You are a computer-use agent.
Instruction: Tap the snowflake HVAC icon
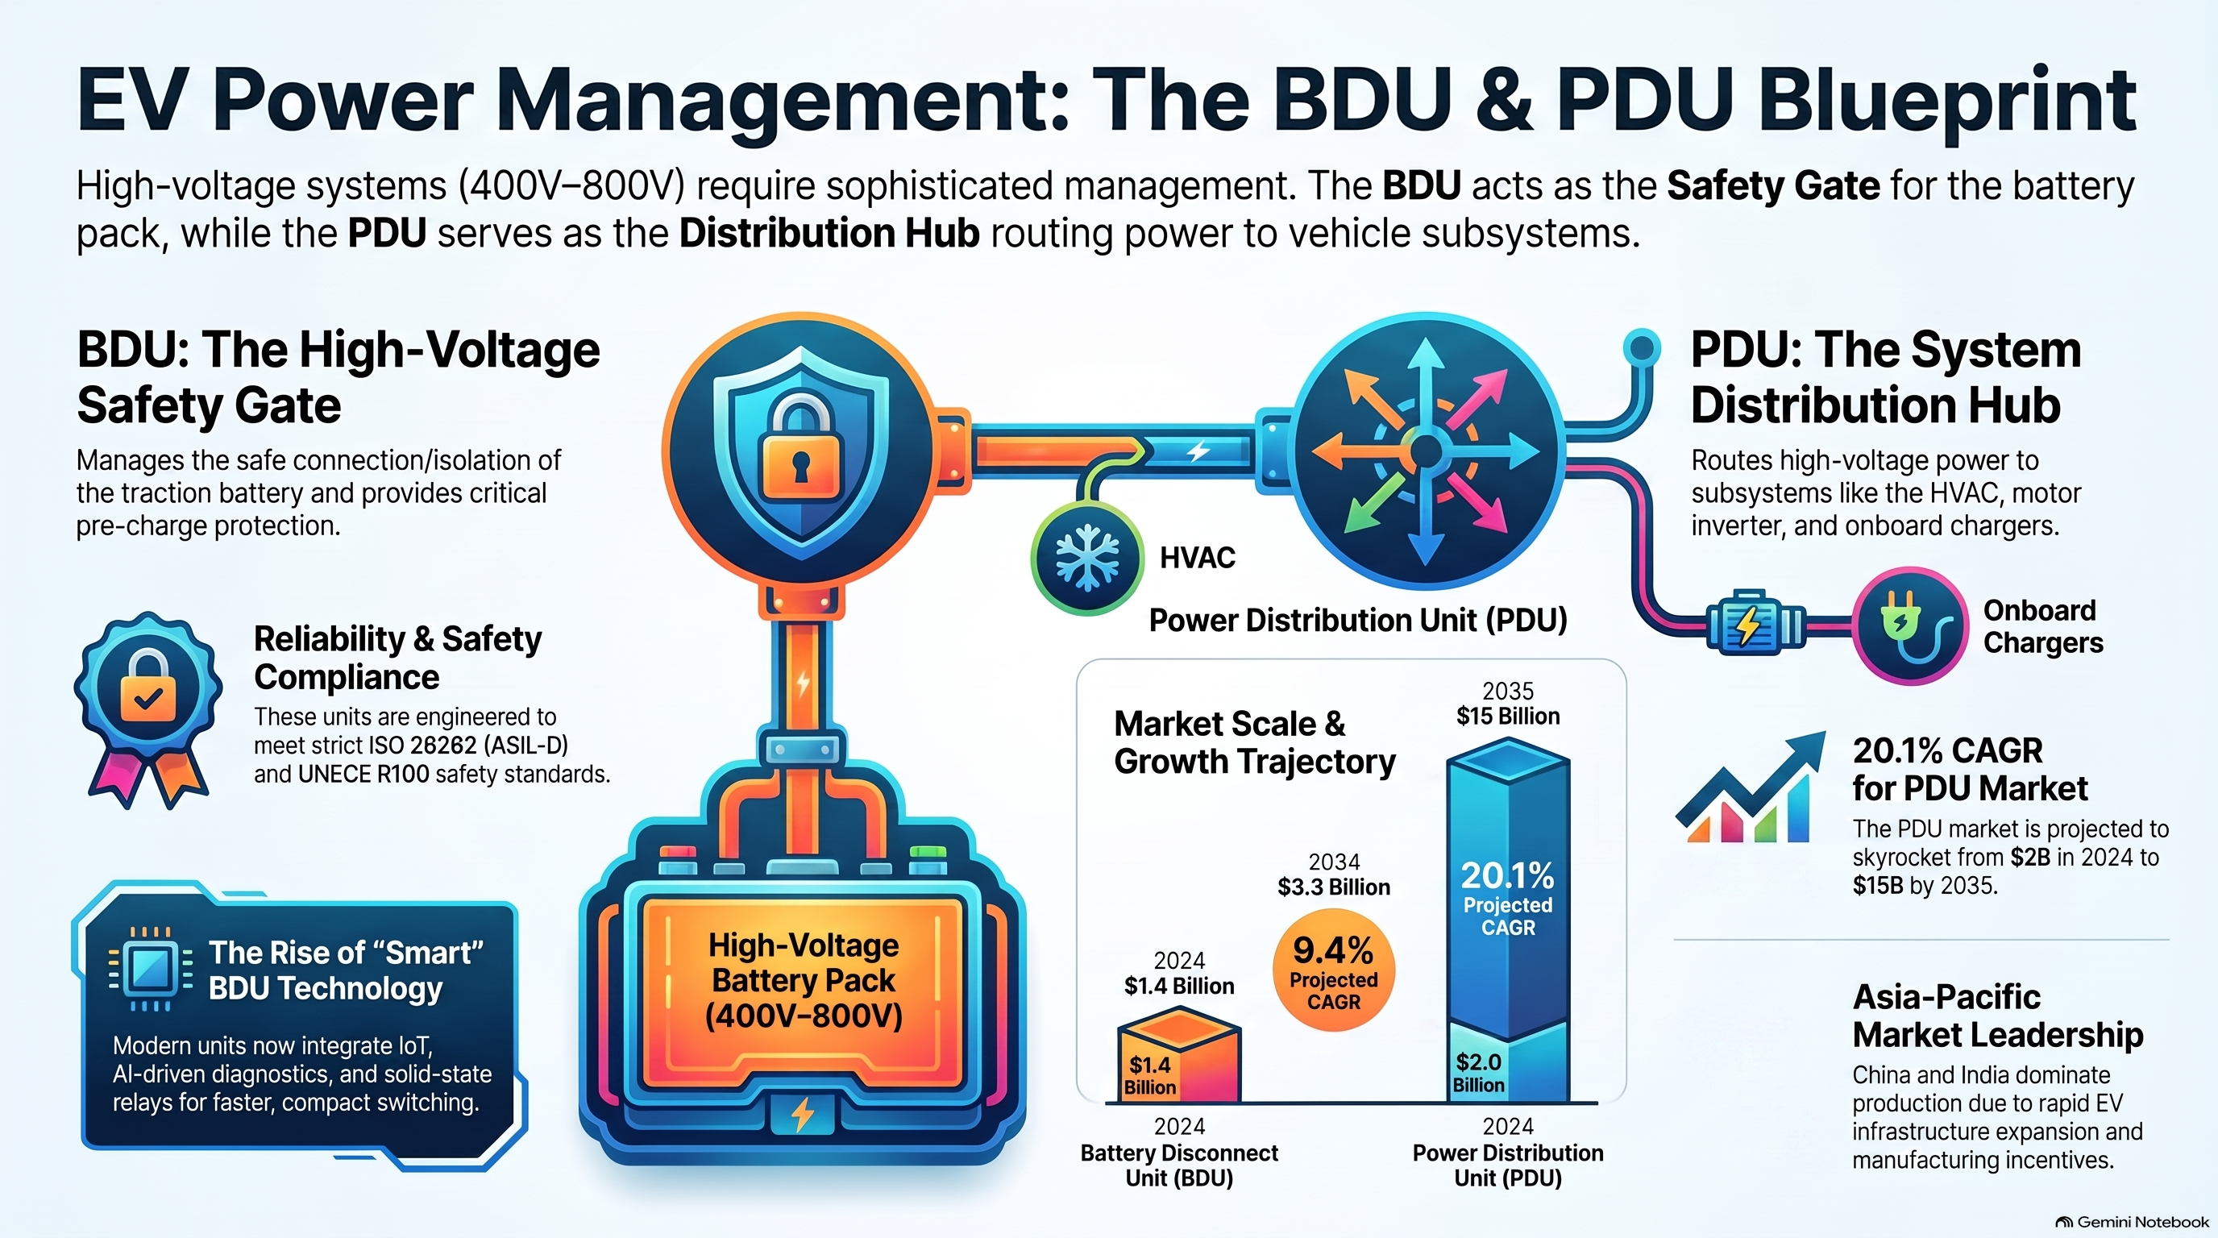pos(1086,557)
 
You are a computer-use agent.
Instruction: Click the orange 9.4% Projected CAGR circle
pos(1333,970)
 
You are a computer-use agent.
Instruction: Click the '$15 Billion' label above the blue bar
pos(1508,717)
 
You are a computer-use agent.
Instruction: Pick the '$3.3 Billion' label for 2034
pos(1334,887)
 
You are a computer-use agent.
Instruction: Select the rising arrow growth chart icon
pos(1750,787)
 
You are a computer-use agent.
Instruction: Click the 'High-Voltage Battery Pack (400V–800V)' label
pos(804,981)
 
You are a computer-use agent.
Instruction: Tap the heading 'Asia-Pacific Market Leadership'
pos(1998,1016)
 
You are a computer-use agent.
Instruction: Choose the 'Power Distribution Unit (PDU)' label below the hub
pos(1358,620)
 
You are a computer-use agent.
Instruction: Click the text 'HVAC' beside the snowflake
pos(1197,558)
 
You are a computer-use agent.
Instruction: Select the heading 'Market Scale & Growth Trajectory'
pos(1255,743)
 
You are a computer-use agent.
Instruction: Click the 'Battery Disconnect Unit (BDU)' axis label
pos(1179,1165)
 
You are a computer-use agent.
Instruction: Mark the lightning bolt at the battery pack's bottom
pos(803,1114)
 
